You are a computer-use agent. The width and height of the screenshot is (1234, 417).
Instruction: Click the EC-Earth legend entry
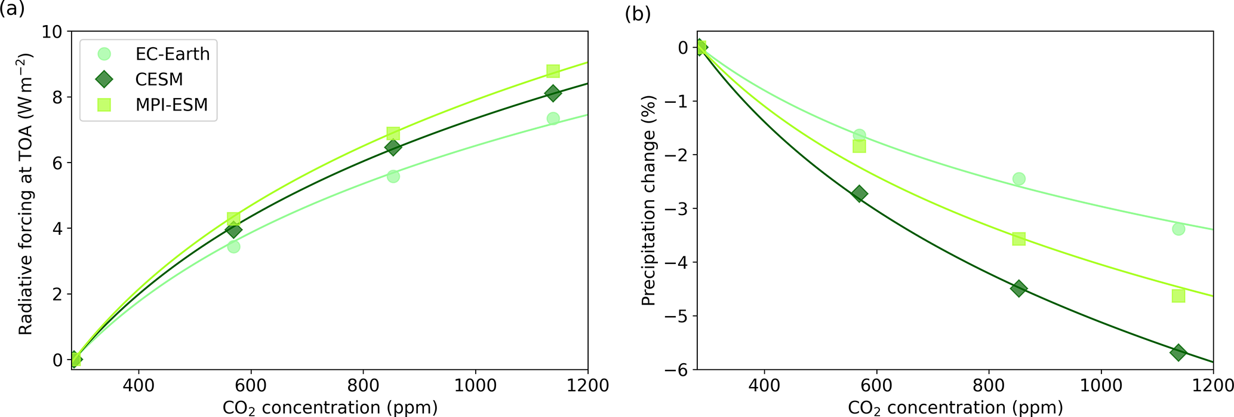[x=172, y=54]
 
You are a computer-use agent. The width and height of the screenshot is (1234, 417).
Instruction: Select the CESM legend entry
[x=159, y=79]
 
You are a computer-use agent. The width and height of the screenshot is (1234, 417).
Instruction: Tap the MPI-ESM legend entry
[x=171, y=105]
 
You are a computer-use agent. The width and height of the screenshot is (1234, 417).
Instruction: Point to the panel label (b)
[x=638, y=13]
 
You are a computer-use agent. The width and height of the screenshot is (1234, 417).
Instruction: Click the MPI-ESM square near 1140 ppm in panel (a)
[x=553, y=71]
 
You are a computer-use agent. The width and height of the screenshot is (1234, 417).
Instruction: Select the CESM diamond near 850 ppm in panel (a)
[x=393, y=148]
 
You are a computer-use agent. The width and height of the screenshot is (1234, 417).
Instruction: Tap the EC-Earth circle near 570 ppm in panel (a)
[x=233, y=246]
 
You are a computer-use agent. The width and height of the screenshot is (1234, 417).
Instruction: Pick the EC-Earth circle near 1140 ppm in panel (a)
[x=553, y=118]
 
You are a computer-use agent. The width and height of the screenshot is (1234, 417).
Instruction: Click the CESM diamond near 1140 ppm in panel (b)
[x=1178, y=352]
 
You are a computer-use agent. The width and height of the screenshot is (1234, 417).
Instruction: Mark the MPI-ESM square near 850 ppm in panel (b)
[x=1018, y=239]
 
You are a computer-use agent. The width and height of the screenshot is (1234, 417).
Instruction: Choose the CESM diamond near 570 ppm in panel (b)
[x=859, y=194]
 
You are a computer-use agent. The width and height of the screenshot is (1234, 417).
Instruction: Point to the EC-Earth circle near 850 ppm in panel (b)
[x=1018, y=179]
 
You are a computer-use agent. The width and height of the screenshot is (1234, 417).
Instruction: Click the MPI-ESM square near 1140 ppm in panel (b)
[x=1178, y=296]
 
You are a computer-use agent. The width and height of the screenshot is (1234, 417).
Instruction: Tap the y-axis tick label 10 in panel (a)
[x=53, y=32]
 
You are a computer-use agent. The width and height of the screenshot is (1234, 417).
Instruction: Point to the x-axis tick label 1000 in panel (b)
[x=1101, y=385]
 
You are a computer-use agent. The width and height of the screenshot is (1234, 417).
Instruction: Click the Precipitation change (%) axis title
[x=648, y=200]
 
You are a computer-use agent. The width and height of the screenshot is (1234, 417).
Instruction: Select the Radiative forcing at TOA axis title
[x=26, y=194]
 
